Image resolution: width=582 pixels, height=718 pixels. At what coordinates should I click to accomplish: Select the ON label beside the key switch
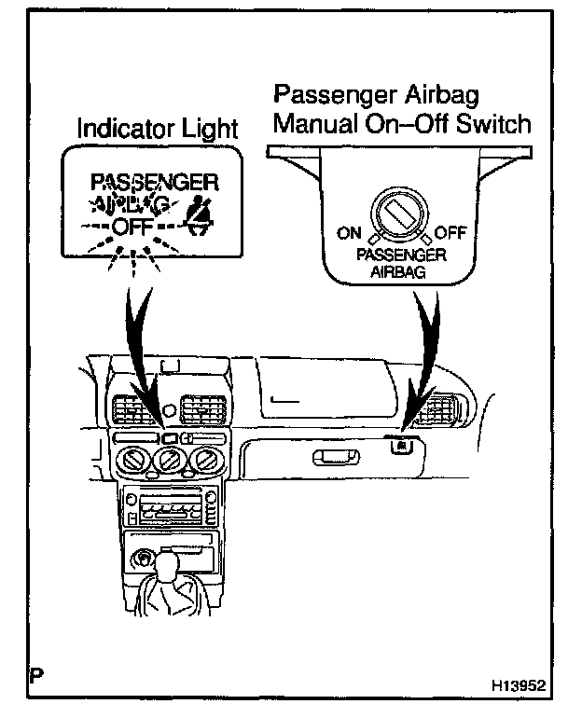[348, 232]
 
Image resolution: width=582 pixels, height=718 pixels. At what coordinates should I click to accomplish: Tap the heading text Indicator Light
[158, 130]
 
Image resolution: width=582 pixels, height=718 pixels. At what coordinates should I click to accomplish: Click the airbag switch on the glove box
[398, 445]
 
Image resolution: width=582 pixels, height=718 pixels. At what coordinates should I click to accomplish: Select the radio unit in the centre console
[168, 512]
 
